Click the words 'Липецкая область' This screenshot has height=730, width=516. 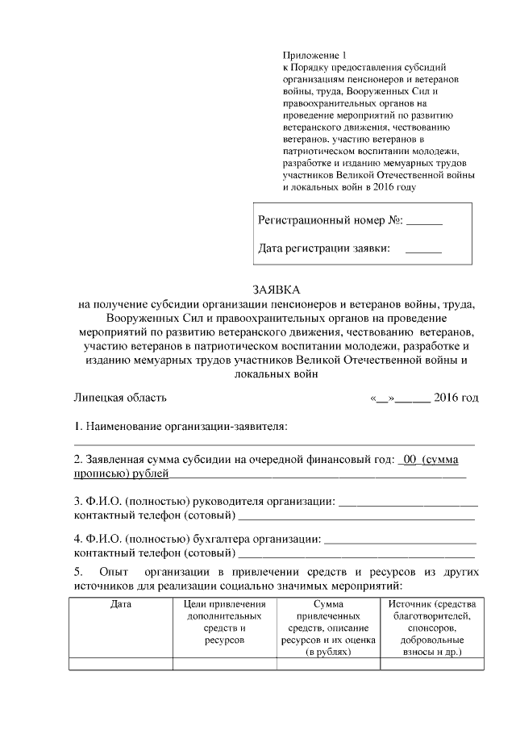pos(121,398)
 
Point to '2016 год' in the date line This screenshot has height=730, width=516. pos(456,398)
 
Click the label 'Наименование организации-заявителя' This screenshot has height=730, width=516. pos(186,425)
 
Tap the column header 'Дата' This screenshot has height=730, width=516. pos(121,604)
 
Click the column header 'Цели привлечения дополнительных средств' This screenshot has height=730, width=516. pos(225,621)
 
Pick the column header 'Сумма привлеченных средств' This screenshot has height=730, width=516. pos(328,627)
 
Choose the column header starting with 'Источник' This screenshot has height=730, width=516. pos(431,627)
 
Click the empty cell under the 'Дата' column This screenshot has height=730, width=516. pos(121,665)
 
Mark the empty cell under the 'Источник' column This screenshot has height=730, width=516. pos(431,665)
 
